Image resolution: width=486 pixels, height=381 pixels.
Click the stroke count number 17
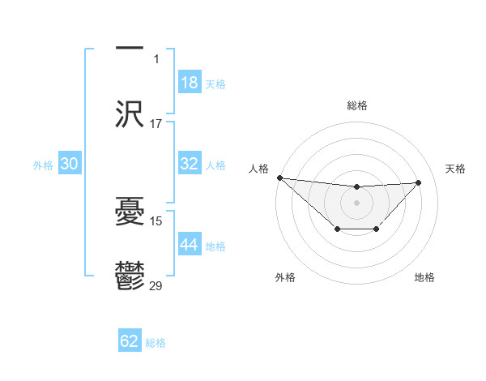156,124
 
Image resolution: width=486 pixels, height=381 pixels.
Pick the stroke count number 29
156,285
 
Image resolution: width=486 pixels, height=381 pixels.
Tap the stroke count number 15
156,220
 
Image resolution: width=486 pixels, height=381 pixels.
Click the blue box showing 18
189,83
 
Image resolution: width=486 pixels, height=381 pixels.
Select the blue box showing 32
189,164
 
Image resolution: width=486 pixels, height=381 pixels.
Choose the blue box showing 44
189,245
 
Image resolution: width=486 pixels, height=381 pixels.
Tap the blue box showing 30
69,164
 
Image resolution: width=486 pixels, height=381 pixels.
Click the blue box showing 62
130,341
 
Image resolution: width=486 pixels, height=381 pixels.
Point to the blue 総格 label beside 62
156,343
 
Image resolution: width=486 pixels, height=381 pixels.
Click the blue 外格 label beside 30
43,165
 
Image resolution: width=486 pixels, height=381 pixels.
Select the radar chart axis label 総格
356,105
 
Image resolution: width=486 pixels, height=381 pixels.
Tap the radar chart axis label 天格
455,169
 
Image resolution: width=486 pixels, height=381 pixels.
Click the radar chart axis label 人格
258,169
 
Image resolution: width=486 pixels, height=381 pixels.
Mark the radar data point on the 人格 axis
279,178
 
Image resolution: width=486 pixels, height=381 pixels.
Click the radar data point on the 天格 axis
418,182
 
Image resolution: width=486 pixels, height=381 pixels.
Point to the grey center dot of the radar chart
356,202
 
